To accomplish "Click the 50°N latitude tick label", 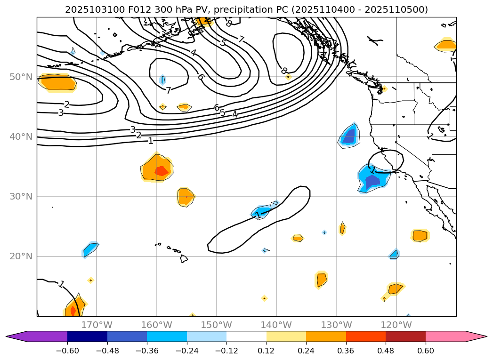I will [21, 77].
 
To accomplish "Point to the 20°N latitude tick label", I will [21, 256].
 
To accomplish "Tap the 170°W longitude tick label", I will [97, 325].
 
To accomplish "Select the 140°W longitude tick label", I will [276, 325].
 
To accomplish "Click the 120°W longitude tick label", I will [396, 325].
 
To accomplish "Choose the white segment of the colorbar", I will [246, 336].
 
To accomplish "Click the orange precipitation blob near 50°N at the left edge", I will [58, 82].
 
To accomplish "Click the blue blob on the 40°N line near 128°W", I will [349, 136].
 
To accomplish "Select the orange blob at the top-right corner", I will [445, 45].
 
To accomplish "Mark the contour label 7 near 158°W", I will [168, 90].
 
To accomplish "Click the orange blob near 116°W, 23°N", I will [420, 235].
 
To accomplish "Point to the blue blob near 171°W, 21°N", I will [90, 249].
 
